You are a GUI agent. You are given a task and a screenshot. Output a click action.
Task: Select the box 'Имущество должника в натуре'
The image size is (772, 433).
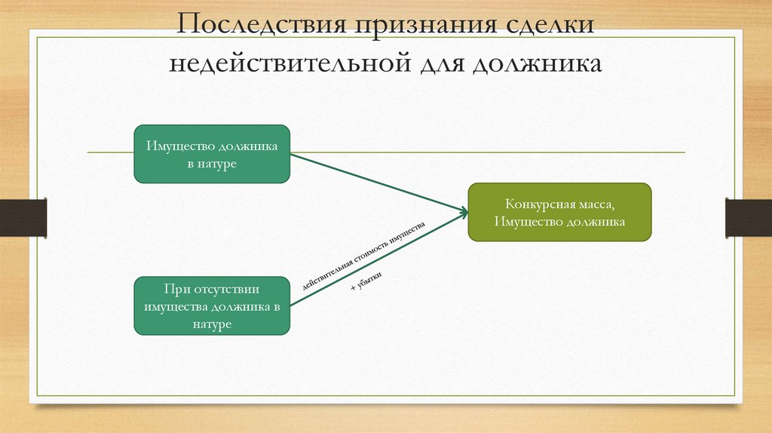click(212, 154)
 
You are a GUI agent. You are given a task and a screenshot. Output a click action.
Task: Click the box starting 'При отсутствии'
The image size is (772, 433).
click(212, 306)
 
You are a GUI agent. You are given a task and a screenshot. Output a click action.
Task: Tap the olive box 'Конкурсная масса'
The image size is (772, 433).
click(559, 213)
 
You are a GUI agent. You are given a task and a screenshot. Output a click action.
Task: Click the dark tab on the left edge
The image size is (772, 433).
click(23, 217)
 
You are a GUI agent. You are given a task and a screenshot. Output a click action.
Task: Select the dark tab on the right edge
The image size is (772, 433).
click(748, 217)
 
